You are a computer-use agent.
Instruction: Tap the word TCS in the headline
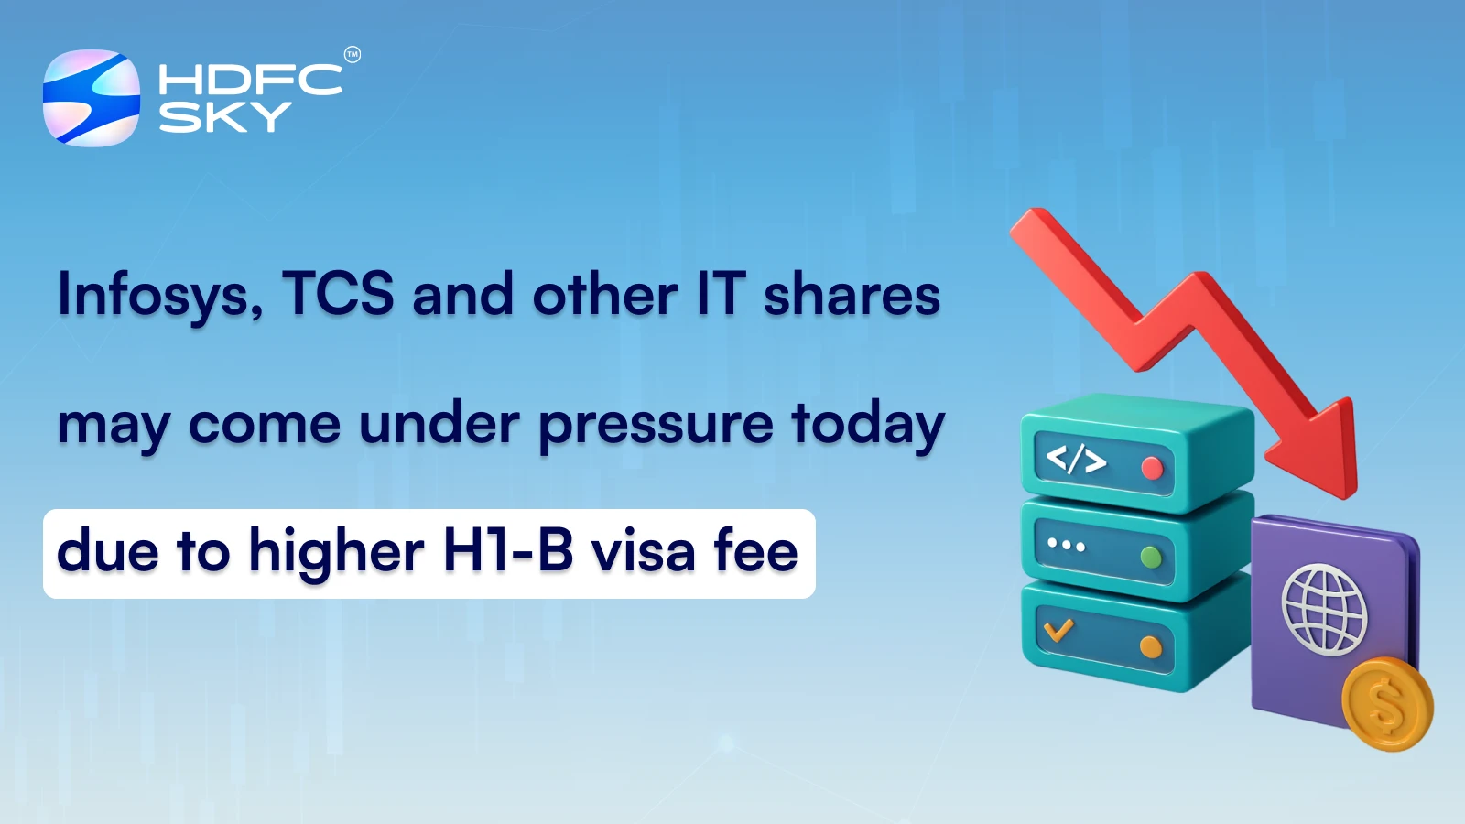[x=338, y=294]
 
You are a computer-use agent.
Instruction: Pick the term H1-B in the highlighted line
[x=508, y=551]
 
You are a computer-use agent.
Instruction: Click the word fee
[x=755, y=551]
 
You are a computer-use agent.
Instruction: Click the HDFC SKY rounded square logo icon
[x=92, y=98]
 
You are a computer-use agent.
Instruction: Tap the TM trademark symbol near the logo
[x=353, y=55]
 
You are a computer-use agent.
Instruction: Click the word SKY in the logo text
[x=225, y=117]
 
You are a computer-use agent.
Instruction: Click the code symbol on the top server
[x=1076, y=459]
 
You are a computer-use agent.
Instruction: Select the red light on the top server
[x=1152, y=469]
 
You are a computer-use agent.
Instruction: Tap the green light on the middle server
[x=1151, y=557]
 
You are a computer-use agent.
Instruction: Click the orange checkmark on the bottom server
[x=1058, y=630]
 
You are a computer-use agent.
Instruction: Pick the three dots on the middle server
[x=1066, y=545]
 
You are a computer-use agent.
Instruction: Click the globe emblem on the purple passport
[x=1324, y=609]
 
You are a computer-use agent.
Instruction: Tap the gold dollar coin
[x=1387, y=704]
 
